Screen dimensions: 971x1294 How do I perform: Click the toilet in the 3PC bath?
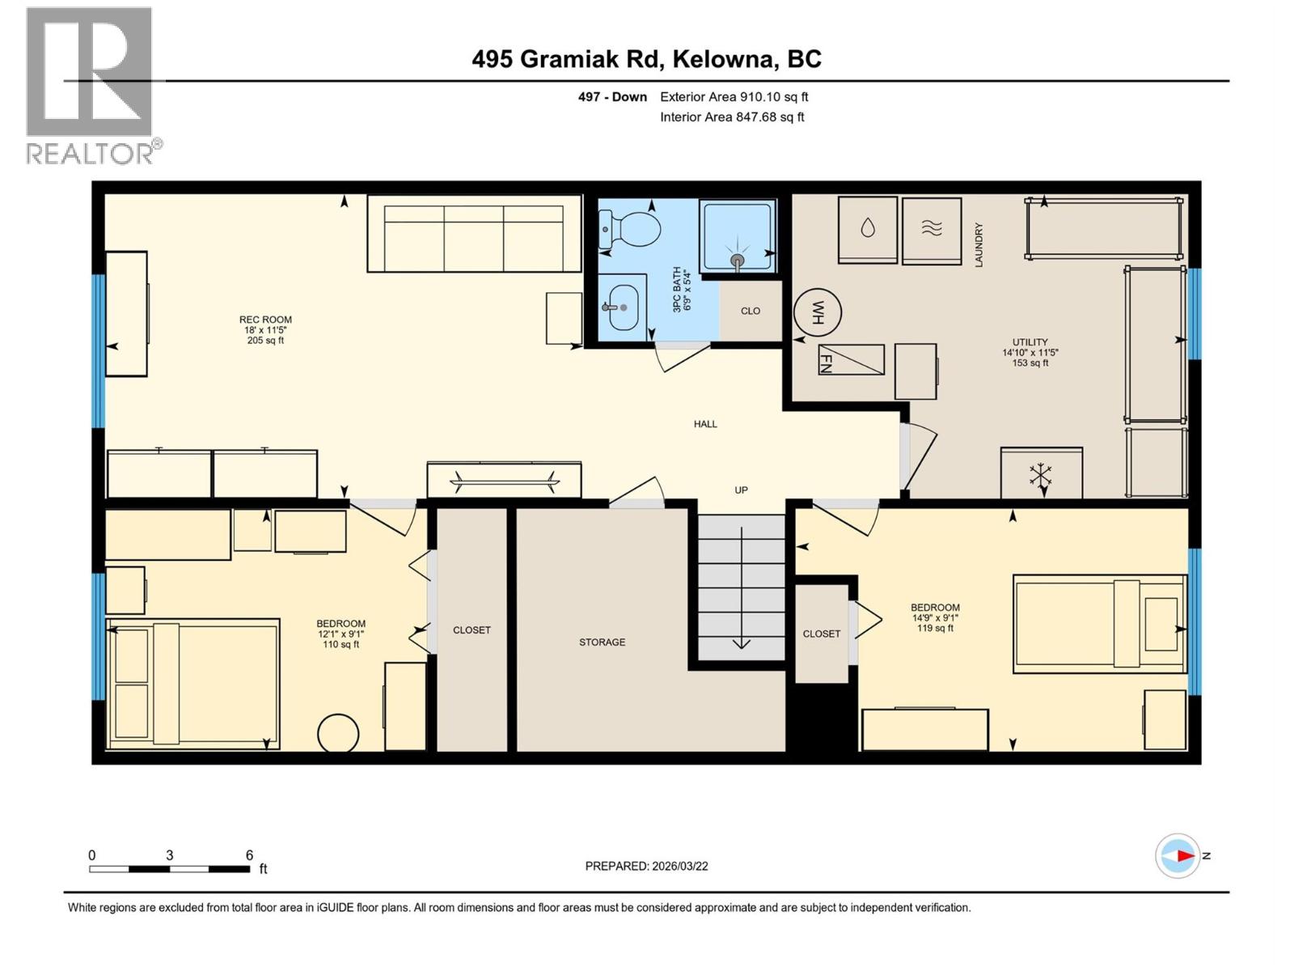(629, 228)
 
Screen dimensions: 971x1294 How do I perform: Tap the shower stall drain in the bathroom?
(737, 260)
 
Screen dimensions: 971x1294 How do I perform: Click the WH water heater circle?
(818, 312)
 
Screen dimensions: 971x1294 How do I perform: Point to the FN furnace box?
(851, 359)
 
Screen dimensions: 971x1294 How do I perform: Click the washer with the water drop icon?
(868, 229)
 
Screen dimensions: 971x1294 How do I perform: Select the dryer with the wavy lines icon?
(932, 230)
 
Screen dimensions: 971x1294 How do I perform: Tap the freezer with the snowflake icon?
(1041, 474)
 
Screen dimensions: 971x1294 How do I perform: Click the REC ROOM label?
(265, 320)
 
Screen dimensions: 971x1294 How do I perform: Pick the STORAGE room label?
(602, 642)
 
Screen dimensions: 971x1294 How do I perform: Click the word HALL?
(705, 424)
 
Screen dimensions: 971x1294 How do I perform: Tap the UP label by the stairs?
(741, 490)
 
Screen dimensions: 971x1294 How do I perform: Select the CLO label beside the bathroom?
(751, 311)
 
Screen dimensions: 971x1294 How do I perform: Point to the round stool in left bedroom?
(338, 734)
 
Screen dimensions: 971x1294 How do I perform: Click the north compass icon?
(1178, 855)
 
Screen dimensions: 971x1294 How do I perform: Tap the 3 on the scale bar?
(169, 855)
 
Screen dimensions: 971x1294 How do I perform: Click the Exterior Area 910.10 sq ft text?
(734, 97)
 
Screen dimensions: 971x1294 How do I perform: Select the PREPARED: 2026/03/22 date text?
(646, 866)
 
